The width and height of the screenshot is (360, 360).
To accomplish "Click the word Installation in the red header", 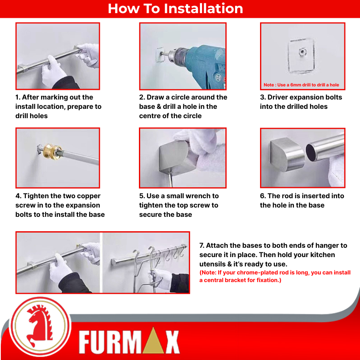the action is click(x=203, y=8).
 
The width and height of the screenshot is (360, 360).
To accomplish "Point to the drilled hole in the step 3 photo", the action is click(x=302, y=52).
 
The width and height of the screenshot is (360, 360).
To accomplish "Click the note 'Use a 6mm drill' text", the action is click(x=301, y=85).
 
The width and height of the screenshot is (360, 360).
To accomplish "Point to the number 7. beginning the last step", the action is click(x=202, y=245).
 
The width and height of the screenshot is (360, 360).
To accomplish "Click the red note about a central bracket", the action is click(x=274, y=276).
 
